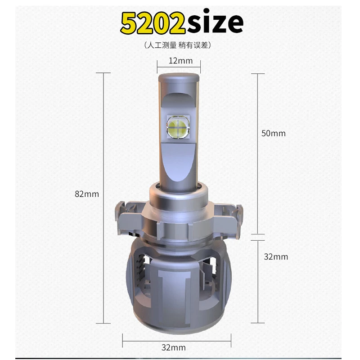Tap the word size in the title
pyautogui.click(x=215, y=22)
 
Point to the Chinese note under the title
pyautogui.click(x=177, y=45)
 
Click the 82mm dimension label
pyautogui.click(x=86, y=194)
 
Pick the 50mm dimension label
pyautogui.click(x=274, y=133)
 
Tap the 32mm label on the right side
pyautogui.click(x=276, y=256)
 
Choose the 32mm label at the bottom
pyautogui.click(x=173, y=347)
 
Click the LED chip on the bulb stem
pyautogui.click(x=178, y=126)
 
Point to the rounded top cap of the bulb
pyautogui.click(x=178, y=78)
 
